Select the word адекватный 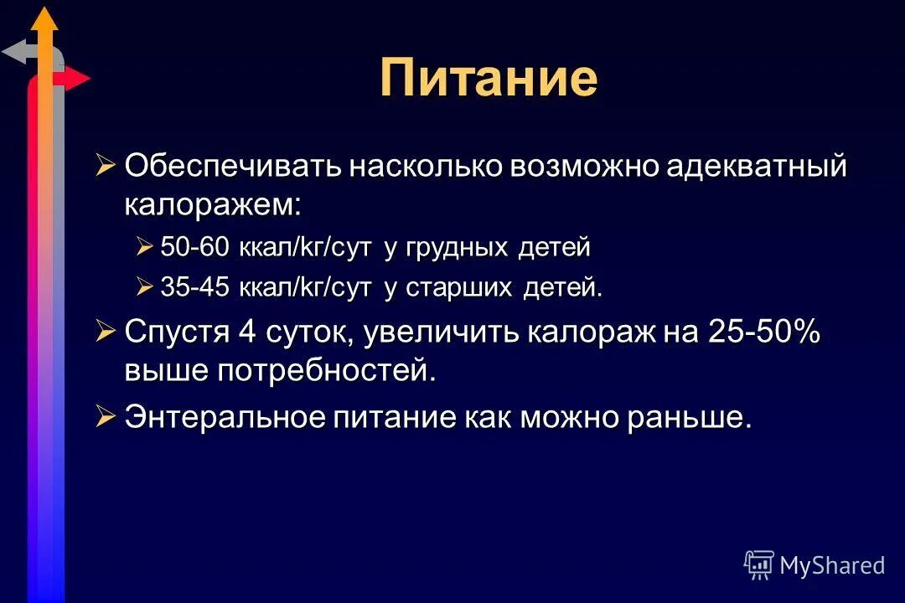coord(757,166)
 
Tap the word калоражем coord(211,204)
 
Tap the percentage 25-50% coord(764,332)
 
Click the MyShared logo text coord(832,565)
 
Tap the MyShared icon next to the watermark coord(758,564)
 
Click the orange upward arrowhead coord(46,18)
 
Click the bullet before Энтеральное coord(105,417)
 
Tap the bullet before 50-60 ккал coord(145,247)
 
